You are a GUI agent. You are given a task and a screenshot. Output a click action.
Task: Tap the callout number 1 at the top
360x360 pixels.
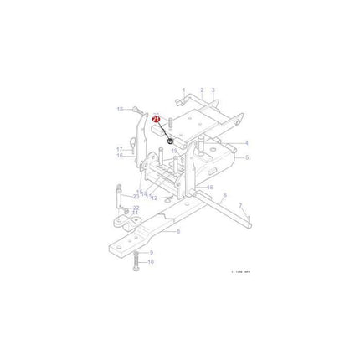click(x=183, y=89)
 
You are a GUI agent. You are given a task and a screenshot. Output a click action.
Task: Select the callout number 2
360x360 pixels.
click(x=201, y=89)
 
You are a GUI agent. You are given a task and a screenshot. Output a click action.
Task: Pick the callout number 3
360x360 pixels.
click(x=213, y=89)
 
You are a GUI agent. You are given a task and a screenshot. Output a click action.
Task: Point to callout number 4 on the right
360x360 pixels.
click(x=246, y=142)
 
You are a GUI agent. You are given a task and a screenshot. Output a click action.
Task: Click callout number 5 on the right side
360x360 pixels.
click(x=246, y=157)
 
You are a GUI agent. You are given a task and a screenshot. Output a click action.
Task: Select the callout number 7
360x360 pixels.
click(x=241, y=204)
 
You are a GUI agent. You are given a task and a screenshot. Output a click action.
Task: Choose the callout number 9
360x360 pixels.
click(x=150, y=253)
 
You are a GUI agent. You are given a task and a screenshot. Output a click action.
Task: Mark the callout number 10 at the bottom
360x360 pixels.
click(x=150, y=262)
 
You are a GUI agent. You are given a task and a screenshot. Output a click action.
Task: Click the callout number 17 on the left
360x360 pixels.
click(x=119, y=148)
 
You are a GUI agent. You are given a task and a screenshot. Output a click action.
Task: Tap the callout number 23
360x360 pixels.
click(x=136, y=195)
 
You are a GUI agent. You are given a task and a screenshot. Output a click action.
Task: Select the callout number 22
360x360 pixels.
click(x=136, y=207)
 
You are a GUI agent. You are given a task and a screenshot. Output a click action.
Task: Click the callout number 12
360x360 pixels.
click(x=155, y=198)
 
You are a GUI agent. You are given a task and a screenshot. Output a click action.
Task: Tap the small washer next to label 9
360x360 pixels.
click(x=136, y=252)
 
